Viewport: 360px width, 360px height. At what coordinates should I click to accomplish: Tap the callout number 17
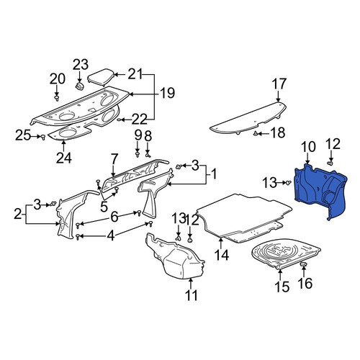click(x=279, y=84)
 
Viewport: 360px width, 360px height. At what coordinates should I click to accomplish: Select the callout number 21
click(x=135, y=74)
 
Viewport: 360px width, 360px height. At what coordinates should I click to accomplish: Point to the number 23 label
click(x=81, y=65)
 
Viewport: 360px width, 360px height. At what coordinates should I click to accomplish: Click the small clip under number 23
click(x=79, y=86)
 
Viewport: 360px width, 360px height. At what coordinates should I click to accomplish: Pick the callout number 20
click(x=58, y=79)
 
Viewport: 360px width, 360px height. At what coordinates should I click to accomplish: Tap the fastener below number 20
click(x=57, y=98)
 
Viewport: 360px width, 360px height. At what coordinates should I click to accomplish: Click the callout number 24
click(x=64, y=158)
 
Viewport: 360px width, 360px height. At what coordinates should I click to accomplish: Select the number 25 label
click(x=23, y=135)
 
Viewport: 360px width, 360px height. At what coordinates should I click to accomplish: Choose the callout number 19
click(x=167, y=93)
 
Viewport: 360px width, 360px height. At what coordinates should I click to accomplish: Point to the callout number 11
click(x=192, y=295)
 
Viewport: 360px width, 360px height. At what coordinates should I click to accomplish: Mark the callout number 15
click(x=282, y=287)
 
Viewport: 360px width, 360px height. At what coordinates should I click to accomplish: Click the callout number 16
click(x=305, y=283)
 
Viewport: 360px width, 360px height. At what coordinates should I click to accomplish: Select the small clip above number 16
click(x=304, y=264)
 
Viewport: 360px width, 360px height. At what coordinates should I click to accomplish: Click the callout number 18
click(x=278, y=132)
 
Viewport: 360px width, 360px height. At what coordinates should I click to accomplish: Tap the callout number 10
click(x=308, y=147)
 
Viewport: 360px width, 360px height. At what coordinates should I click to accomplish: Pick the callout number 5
click(x=104, y=207)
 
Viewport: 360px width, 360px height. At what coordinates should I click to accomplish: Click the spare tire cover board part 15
click(x=286, y=255)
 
